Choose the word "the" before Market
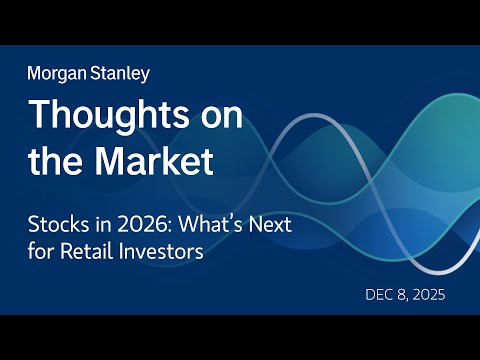[x=49, y=161]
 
